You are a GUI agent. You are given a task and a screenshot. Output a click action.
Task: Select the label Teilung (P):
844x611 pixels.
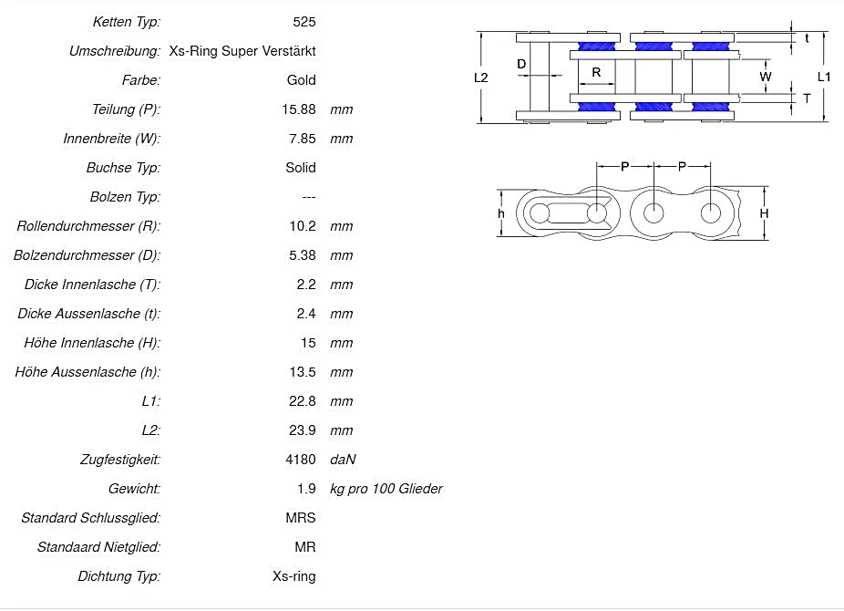point(126,109)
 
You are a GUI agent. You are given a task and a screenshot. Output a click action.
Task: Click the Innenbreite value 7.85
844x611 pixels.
point(302,139)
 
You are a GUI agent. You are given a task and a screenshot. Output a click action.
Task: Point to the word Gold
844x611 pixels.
point(301,80)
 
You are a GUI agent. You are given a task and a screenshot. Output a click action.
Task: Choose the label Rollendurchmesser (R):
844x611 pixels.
point(88,226)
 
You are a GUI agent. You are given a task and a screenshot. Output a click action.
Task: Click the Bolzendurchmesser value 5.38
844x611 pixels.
point(302,255)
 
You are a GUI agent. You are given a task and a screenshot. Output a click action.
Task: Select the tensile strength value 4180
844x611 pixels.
point(300,460)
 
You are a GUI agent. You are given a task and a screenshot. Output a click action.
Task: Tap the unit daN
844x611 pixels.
point(342,460)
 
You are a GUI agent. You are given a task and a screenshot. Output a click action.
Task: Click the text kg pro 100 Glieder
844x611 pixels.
point(386,489)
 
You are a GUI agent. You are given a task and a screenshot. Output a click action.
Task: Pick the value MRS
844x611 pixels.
point(300,518)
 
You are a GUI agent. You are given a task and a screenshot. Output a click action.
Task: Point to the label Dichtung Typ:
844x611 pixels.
point(118,576)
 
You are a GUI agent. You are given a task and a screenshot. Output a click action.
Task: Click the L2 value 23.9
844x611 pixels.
point(304,430)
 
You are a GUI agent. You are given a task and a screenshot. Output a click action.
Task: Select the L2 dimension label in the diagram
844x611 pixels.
point(481,78)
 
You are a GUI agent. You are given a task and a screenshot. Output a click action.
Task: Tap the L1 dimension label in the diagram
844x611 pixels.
point(824,78)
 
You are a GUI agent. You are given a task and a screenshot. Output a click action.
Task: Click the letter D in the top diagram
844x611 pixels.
point(521,64)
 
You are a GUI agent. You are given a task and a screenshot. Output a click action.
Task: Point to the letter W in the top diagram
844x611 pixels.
point(766,78)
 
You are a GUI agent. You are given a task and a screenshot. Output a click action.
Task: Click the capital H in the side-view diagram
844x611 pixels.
point(765,213)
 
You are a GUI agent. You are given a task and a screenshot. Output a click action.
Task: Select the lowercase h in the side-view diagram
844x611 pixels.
point(501,213)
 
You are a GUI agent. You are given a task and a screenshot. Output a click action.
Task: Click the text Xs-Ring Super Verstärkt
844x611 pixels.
point(242,51)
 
